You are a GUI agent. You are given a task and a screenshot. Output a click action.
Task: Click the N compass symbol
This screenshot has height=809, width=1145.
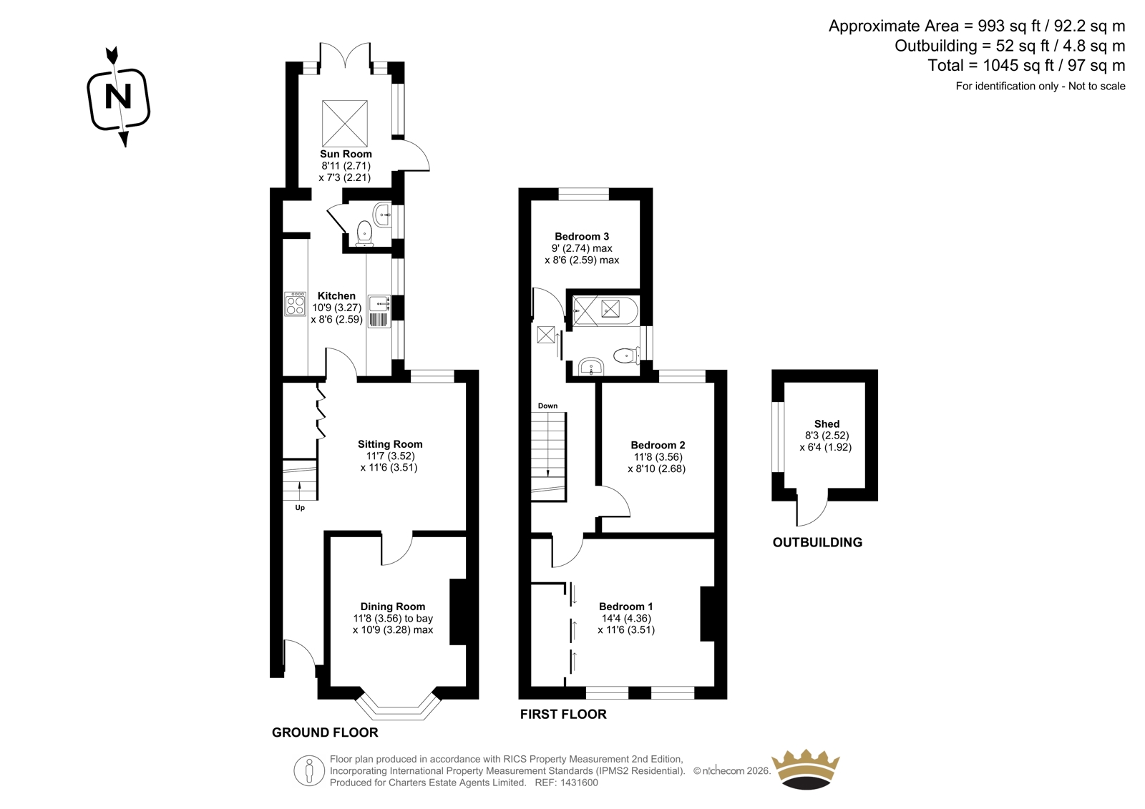[x=119, y=97]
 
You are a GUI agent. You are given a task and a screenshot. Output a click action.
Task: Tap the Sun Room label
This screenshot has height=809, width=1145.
[x=346, y=154]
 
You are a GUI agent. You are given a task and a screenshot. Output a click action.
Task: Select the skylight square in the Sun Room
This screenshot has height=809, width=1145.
[x=344, y=124]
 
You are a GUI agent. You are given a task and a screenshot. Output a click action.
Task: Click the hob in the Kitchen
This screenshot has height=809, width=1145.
[x=295, y=303]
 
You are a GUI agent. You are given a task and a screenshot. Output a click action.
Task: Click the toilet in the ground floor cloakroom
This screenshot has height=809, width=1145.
[x=364, y=234]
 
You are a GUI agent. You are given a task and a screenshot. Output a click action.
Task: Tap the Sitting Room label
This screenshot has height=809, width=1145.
[x=390, y=444]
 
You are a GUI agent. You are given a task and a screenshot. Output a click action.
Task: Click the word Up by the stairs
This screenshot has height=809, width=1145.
[x=300, y=507]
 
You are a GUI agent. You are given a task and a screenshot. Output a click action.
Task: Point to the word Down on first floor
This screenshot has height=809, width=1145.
[x=547, y=406]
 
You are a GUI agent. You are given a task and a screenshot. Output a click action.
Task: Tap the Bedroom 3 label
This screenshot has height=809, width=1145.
[x=582, y=236]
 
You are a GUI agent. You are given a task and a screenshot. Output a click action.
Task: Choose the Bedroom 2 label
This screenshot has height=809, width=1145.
[x=658, y=445]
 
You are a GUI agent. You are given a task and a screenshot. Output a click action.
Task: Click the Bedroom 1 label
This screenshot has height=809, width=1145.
[x=625, y=607]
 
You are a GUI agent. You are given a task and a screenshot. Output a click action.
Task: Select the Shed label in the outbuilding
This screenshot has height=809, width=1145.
[x=827, y=423]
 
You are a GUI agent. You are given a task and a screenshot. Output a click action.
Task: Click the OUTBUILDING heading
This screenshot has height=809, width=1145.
[x=817, y=542]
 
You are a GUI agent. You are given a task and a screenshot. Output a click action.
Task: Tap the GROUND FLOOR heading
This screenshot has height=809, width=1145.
[x=325, y=732]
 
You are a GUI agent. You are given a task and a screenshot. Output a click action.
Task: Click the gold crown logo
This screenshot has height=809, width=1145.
[x=806, y=770]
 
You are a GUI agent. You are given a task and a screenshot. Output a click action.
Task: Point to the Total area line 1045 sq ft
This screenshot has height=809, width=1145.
[x=1026, y=65]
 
